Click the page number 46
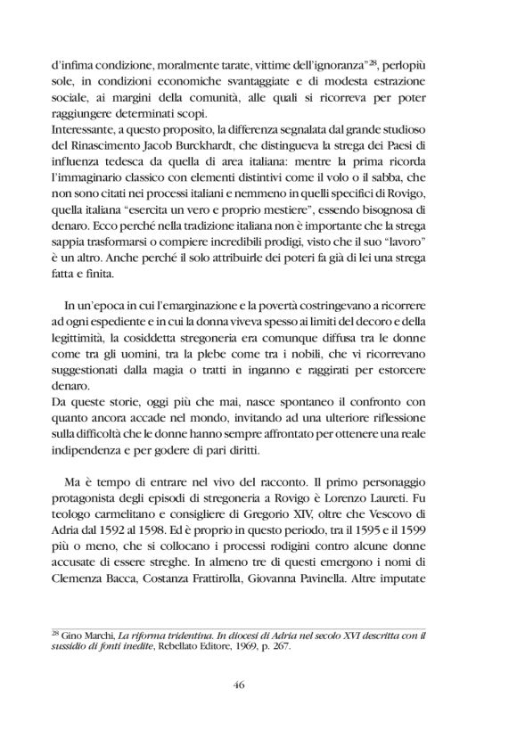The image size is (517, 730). click(258, 685)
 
